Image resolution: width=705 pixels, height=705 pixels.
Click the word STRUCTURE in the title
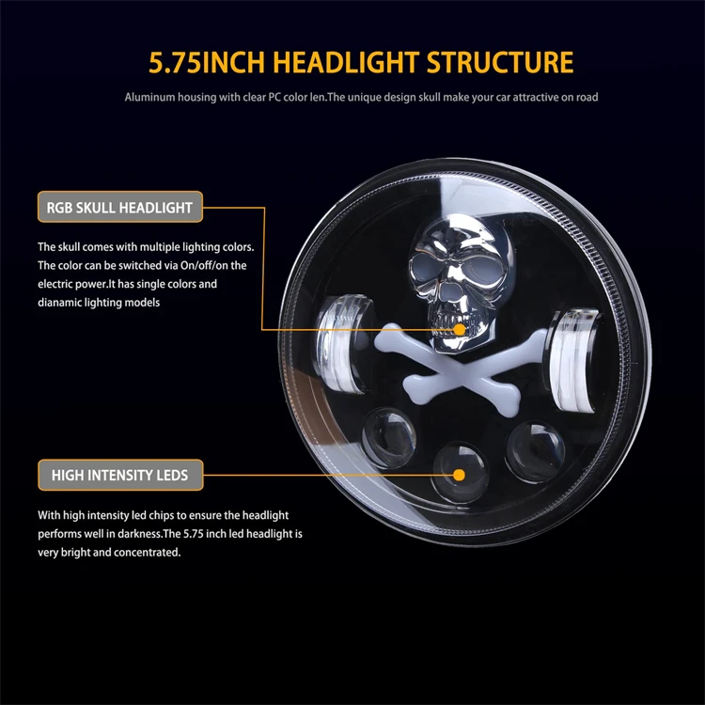coord(499,63)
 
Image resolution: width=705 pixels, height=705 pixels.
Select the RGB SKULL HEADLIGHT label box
coord(119,207)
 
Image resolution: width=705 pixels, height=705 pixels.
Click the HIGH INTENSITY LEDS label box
coord(119,476)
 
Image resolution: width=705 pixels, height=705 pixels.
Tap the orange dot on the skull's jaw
coord(459,330)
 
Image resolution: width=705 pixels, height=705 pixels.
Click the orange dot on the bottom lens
coord(459,475)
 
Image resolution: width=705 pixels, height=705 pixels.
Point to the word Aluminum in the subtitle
coord(150,97)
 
